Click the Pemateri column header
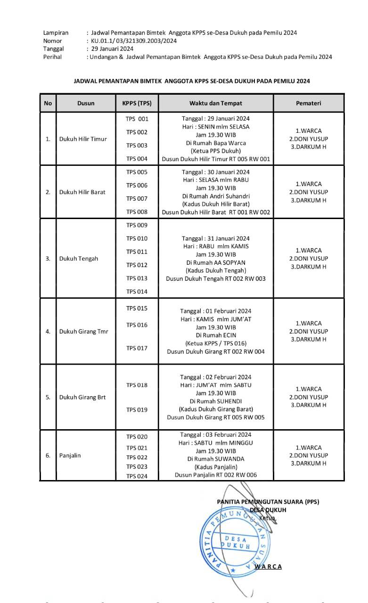tap(308, 103)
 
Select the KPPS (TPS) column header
tap(137, 103)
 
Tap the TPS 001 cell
tap(137, 119)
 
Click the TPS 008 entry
tap(137, 212)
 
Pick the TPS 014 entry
tap(137, 292)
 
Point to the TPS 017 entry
tap(137, 348)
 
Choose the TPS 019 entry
tap(137, 410)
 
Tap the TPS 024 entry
tap(137, 476)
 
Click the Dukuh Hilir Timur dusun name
tap(83, 139)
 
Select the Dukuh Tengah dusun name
tap(79, 259)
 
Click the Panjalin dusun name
tap(70, 456)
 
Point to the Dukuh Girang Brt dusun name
tap(82, 397)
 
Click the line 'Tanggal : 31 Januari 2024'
tap(216, 238)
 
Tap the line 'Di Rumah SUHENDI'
tap(216, 401)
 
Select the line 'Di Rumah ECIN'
tap(216, 335)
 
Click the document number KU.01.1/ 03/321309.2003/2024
tap(134, 41)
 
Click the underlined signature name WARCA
tap(268, 567)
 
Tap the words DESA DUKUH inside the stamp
tap(236, 542)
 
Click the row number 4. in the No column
tap(48, 332)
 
